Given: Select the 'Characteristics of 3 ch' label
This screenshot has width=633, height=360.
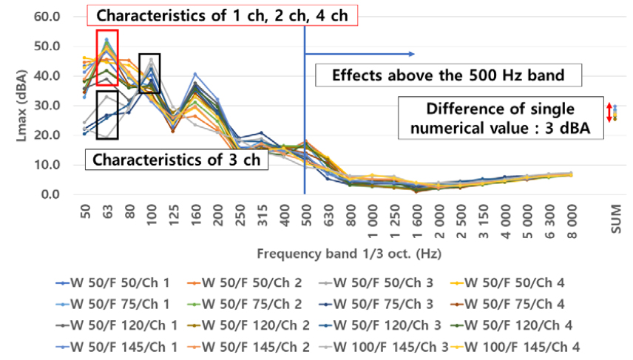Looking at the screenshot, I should [174, 160].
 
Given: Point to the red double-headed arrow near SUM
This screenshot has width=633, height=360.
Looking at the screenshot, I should [609, 112].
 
